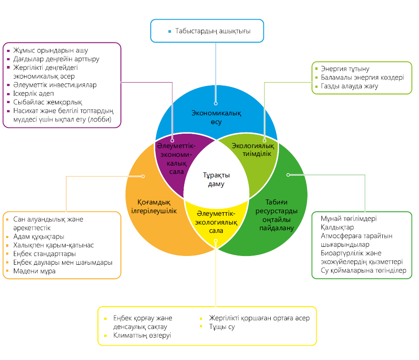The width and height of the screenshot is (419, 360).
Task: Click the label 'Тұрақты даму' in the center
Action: click(x=216, y=180)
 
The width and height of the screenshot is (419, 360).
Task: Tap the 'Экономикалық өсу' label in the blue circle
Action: click(x=216, y=118)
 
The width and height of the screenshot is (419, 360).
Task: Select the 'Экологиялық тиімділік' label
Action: click(x=253, y=149)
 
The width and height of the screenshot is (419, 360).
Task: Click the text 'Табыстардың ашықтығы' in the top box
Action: click(x=213, y=31)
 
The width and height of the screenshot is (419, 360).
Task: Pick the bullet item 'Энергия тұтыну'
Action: click(x=345, y=69)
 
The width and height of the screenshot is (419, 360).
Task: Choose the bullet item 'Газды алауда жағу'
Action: click(x=349, y=87)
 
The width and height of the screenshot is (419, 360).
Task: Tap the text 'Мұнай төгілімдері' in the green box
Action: click(x=349, y=219)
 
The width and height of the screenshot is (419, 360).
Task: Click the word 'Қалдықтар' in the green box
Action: click(x=337, y=228)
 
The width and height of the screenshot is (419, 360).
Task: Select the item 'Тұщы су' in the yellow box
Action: click(x=222, y=327)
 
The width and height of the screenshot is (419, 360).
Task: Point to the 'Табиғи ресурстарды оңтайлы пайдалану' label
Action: click(x=275, y=215)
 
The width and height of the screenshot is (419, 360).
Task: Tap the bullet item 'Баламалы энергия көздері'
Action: click(x=362, y=78)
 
